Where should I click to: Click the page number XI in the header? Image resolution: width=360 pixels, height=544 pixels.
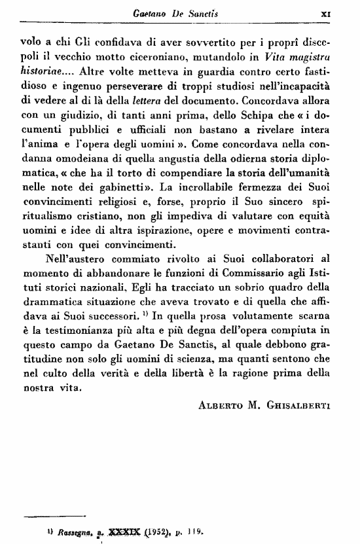(x=343, y=12)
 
